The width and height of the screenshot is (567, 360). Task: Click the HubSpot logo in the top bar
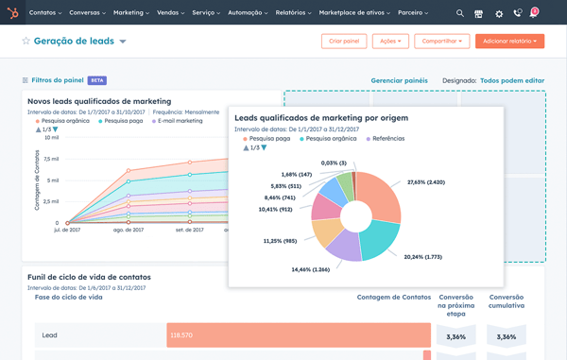(11, 13)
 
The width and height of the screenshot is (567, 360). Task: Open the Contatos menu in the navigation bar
(45, 13)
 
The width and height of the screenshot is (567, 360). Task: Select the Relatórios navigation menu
(290, 13)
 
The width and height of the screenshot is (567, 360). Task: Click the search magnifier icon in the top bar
(460, 13)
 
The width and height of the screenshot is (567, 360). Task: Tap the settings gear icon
(499, 13)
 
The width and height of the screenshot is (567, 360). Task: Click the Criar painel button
(344, 42)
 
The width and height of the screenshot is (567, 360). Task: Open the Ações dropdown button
(390, 42)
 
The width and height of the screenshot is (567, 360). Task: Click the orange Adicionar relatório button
(509, 42)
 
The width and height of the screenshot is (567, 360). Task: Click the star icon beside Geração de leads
(26, 43)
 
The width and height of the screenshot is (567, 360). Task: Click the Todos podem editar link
(512, 81)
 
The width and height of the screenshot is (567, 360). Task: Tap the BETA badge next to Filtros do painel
(96, 80)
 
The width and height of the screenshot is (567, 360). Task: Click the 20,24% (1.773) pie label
(423, 257)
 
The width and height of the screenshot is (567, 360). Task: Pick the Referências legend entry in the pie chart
(388, 139)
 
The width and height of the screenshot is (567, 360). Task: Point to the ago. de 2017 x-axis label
(129, 230)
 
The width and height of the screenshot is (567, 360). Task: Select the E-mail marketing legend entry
(179, 121)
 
